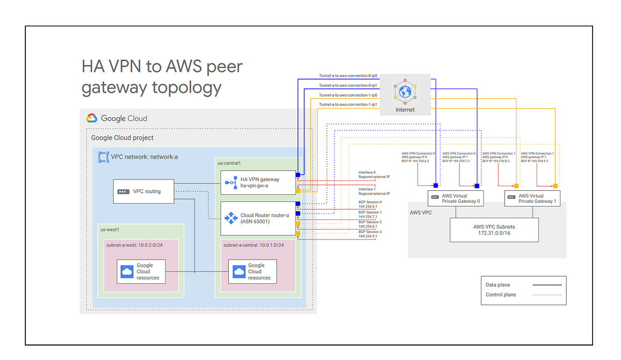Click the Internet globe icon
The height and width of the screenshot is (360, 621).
tap(405, 92)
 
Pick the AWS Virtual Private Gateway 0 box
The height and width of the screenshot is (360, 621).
tap(456, 199)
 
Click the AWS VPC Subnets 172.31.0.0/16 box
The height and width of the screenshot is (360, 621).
tap(494, 230)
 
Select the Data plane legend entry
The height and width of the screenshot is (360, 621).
tap(523, 285)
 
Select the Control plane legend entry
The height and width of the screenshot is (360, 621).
tap(523, 295)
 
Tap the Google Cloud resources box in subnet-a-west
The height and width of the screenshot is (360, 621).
tap(140, 272)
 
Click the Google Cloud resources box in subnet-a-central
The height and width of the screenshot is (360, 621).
tap(253, 272)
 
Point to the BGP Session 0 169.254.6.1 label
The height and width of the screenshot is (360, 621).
tap(370, 204)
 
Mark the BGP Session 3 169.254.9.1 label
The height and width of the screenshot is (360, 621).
tap(370, 234)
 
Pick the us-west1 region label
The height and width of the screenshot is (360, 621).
tap(111, 229)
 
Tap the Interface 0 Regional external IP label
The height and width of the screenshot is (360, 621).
tap(374, 174)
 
